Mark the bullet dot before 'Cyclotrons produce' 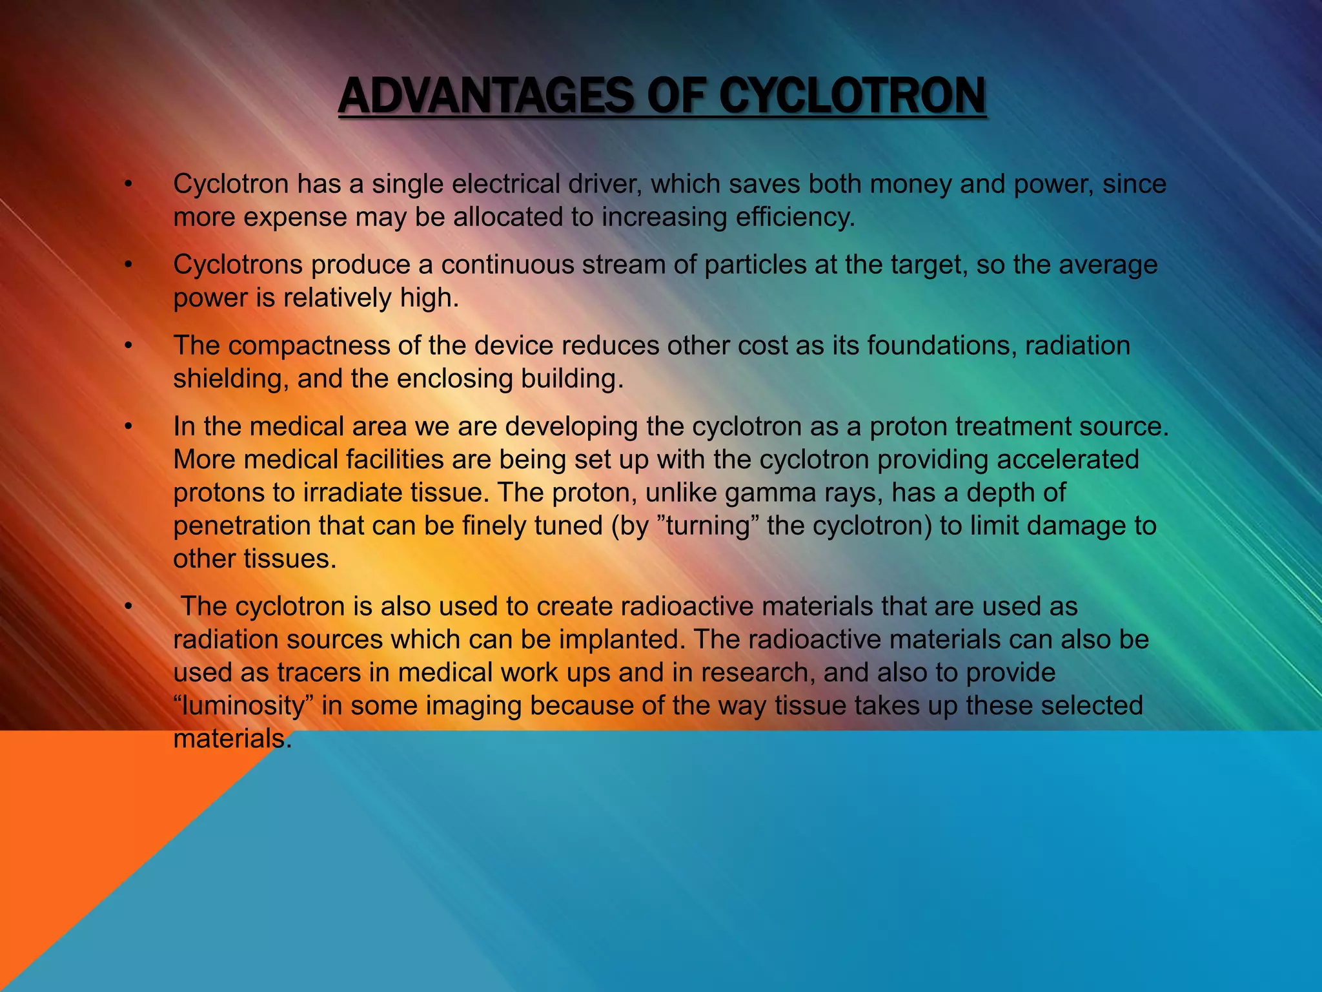pyautogui.click(x=128, y=265)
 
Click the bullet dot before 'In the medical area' pyautogui.click(x=128, y=427)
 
